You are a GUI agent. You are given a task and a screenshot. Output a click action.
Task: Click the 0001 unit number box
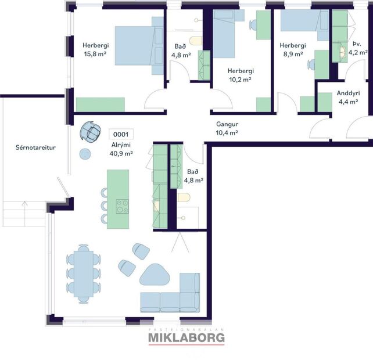tap(121, 134)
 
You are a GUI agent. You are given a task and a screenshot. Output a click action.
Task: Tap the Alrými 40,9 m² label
tap(121, 149)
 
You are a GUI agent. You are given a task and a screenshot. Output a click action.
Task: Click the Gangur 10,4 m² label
tap(227, 128)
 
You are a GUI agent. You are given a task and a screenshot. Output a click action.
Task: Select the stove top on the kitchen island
tap(123, 206)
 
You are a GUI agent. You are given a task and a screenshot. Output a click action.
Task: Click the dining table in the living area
tap(84, 273)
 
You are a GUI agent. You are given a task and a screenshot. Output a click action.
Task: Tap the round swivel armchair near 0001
tap(90, 131)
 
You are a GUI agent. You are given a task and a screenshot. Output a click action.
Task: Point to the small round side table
tap(85, 154)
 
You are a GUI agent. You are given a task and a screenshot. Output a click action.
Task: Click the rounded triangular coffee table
tap(155, 275)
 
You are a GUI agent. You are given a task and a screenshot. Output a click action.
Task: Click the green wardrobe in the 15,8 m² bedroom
tap(101, 104)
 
